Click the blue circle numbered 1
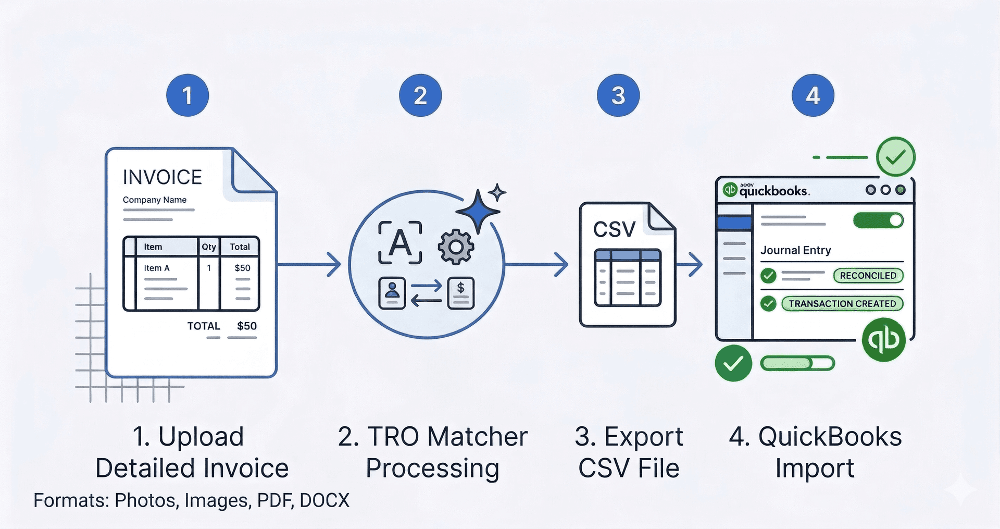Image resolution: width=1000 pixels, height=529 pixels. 187,95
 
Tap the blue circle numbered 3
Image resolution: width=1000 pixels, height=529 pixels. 618,95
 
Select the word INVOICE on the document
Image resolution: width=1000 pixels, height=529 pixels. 162,177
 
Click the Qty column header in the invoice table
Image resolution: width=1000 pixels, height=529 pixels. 209,247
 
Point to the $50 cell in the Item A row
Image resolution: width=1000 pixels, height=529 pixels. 242,268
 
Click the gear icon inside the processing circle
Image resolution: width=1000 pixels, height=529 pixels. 456,247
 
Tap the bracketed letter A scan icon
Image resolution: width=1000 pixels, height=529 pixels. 400,242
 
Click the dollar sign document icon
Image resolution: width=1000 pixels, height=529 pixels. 461,293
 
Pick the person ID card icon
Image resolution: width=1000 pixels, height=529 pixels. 392,293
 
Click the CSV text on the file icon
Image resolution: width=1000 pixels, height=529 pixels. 614,229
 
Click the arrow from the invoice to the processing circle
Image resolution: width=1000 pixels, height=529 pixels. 310,264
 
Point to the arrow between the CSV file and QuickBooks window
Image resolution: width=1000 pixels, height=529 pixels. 690,264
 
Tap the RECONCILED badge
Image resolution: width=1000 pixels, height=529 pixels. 868,276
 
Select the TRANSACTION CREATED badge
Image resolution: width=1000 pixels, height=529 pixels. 842,303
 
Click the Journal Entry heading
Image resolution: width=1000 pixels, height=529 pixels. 795,250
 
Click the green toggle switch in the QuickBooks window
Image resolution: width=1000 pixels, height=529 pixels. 878,220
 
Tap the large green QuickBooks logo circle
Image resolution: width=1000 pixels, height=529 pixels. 884,340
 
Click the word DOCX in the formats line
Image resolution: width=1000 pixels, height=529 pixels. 324,500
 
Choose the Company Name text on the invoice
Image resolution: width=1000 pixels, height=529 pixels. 155,200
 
